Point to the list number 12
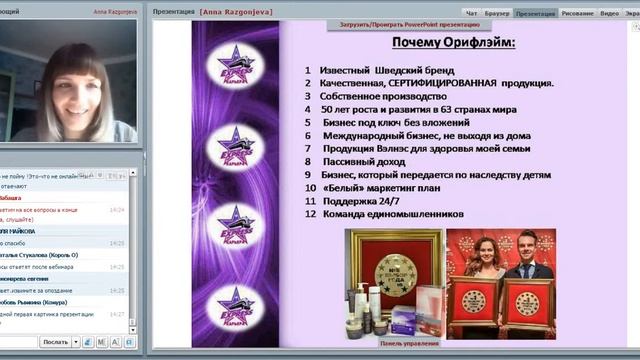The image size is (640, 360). pos(311,213)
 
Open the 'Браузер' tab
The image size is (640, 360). pos(497,13)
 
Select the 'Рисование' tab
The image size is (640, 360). pos(577,13)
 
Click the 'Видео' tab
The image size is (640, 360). pos(609,13)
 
